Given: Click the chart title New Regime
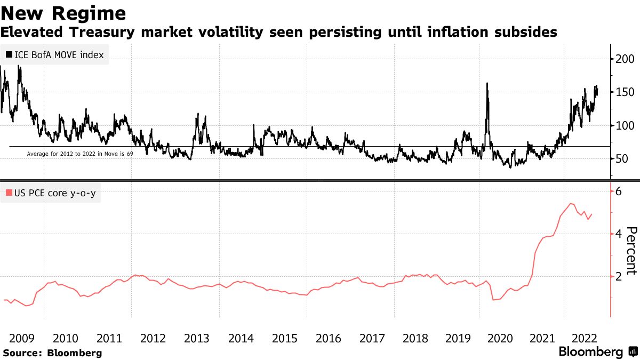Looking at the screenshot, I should pos(63,12).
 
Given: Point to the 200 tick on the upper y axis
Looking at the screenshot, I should pos(626,59).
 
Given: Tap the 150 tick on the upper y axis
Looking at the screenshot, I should pos(626,92).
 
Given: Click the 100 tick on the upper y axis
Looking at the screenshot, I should pos(626,125).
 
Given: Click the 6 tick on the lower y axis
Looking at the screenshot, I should pos(619,191).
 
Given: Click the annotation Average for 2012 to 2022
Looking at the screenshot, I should pos(79,154).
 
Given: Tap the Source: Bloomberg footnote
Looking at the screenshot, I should pos(52,353).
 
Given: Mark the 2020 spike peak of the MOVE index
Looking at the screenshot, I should pos(487,83).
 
